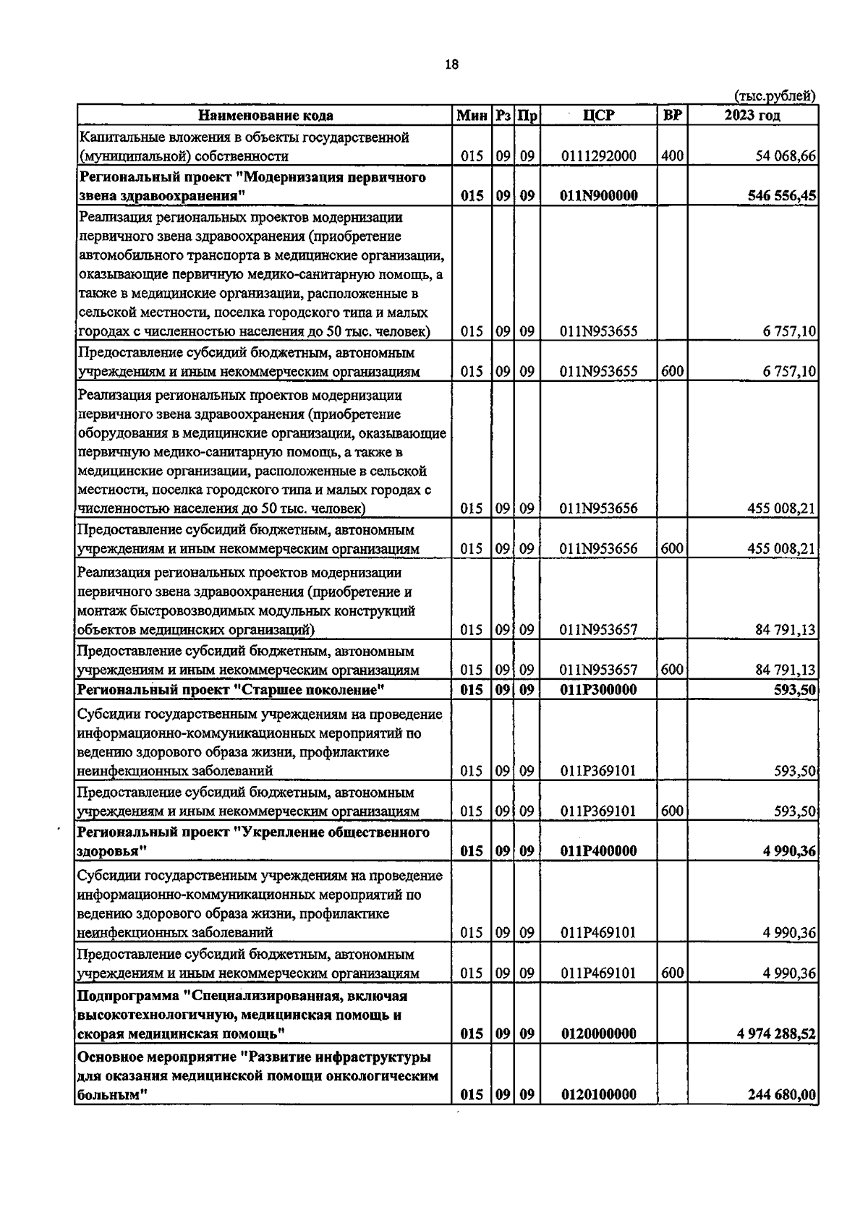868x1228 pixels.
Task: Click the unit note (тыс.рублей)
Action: pos(775,95)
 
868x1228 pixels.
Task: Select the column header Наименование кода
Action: pos(265,116)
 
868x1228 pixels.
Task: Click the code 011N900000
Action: pos(598,196)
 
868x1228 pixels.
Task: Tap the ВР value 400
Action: pos(672,155)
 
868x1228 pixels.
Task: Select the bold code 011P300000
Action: pos(598,690)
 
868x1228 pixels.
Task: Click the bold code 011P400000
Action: pos(598,851)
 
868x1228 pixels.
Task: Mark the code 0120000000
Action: pos(598,1034)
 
